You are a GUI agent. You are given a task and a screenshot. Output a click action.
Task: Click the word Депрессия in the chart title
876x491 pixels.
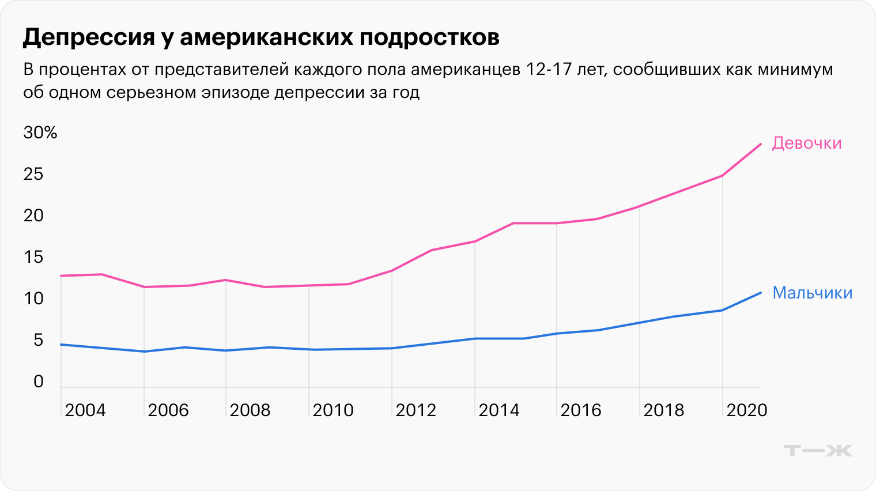(89, 37)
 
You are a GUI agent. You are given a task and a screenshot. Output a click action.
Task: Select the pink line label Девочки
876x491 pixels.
(806, 143)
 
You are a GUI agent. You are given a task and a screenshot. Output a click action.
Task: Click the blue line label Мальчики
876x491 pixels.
(812, 293)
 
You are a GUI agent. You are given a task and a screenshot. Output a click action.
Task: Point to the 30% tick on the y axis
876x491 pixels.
(40, 133)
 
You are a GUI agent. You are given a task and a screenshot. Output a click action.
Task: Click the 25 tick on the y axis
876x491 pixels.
(33, 174)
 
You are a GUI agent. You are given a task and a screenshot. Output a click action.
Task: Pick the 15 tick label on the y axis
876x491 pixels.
(33, 257)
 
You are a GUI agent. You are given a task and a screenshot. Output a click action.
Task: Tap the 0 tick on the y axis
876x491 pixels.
(39, 382)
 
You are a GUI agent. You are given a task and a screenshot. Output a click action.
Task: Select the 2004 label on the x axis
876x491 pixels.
(85, 410)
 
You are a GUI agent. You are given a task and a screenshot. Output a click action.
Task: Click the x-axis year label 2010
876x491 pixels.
(333, 410)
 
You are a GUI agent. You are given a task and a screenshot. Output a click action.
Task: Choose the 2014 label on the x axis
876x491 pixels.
(499, 410)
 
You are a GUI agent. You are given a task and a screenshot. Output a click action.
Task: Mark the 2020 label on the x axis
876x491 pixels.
(746, 410)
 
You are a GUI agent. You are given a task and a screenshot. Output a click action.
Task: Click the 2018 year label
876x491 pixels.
(664, 410)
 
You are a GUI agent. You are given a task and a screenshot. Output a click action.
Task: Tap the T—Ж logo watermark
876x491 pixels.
(818, 450)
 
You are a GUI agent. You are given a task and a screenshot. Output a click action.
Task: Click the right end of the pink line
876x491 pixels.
(761, 144)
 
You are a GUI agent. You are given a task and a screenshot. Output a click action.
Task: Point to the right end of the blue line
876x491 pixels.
(761, 293)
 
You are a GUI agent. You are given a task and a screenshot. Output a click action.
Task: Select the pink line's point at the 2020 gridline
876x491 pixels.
(722, 176)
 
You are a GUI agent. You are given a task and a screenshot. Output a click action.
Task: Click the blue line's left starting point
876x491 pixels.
(61, 345)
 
